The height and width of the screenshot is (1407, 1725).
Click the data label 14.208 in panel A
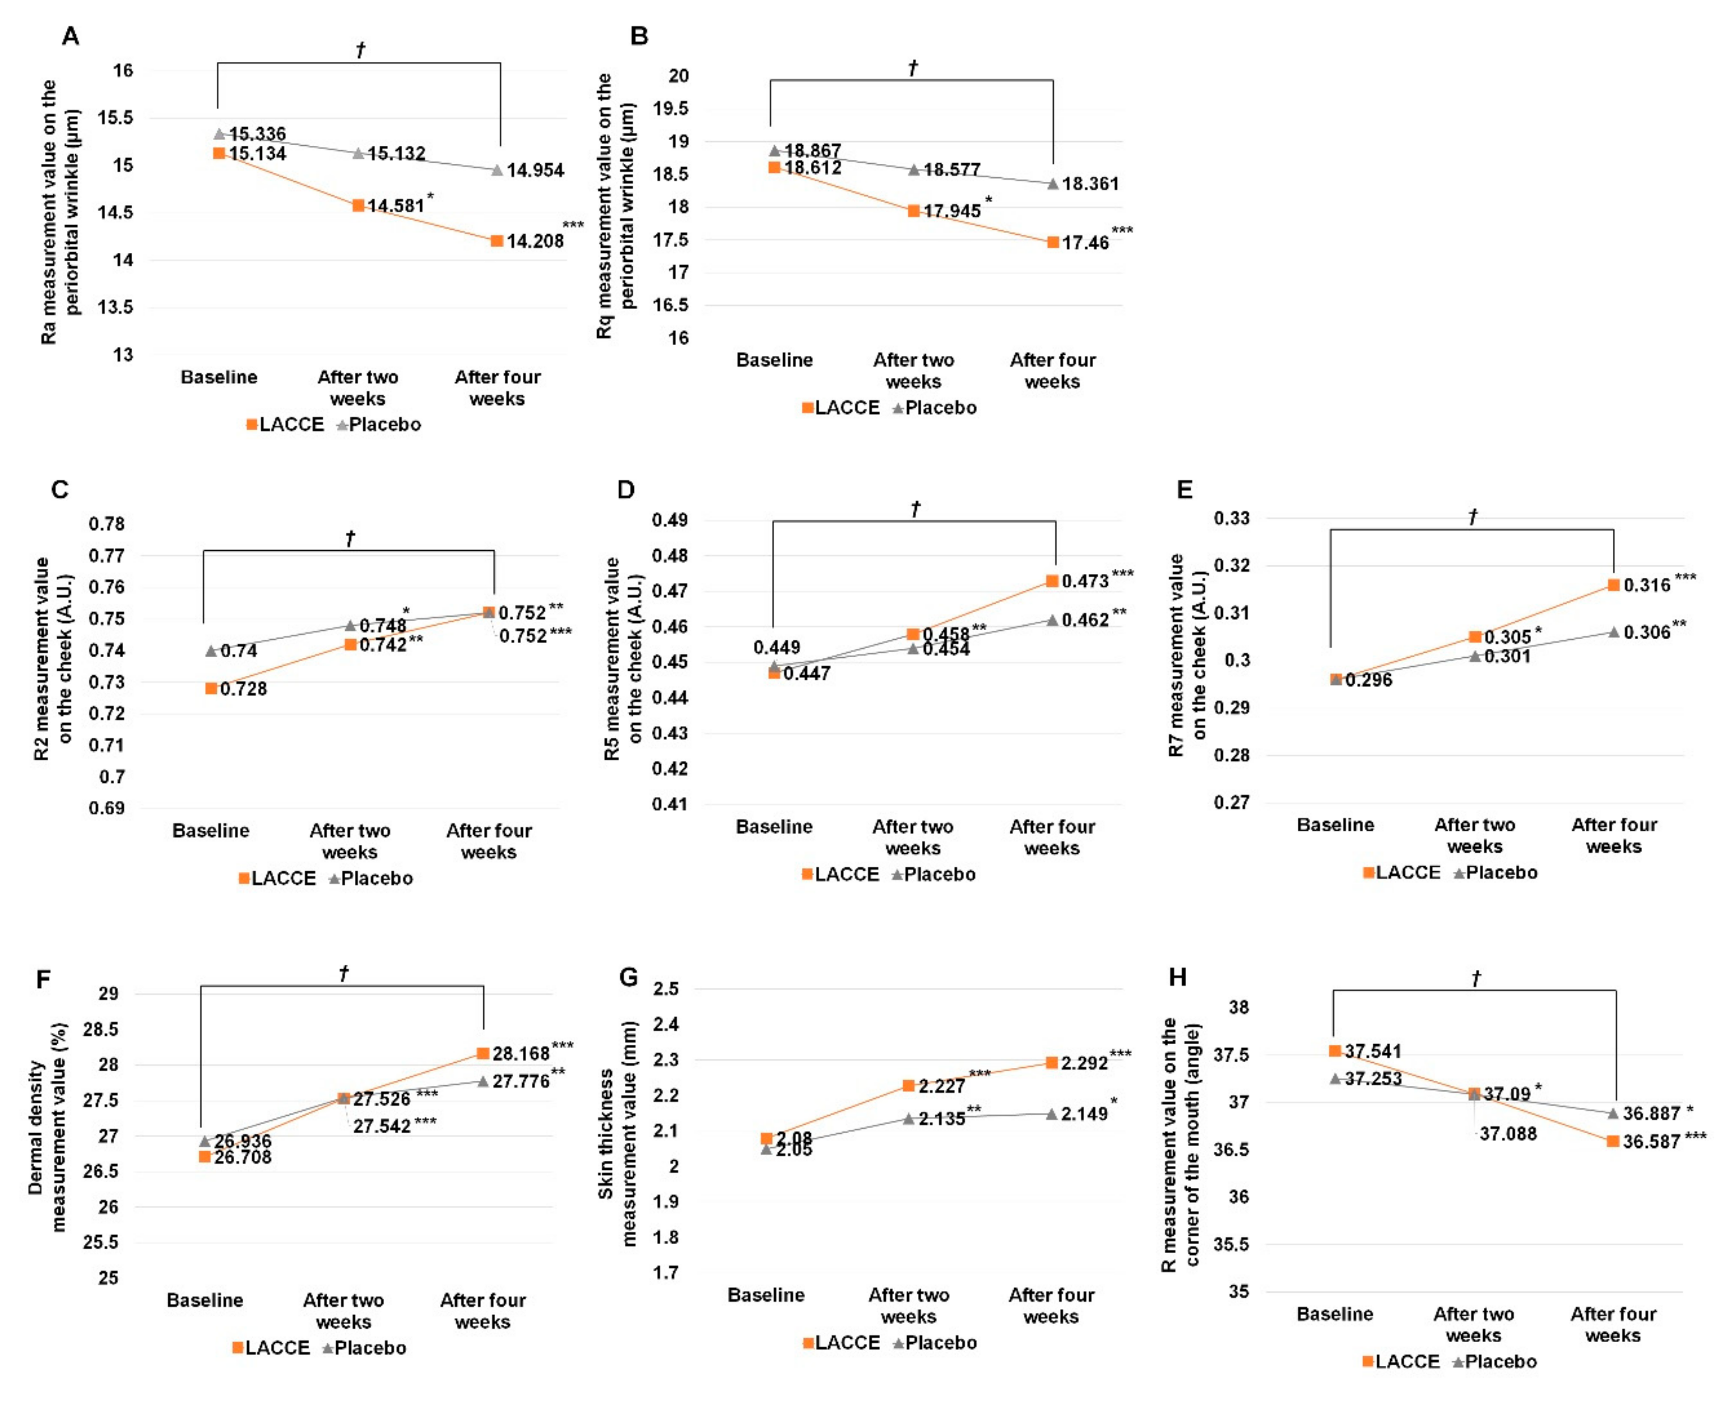(x=535, y=242)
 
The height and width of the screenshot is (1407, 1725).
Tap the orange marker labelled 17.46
(x=1052, y=242)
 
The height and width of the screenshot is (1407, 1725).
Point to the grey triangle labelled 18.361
(x=1052, y=184)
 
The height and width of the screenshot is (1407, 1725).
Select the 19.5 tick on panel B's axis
(x=678, y=109)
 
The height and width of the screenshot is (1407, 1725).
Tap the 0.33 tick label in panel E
(x=1231, y=518)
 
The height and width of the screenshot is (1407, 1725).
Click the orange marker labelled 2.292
(x=1052, y=1063)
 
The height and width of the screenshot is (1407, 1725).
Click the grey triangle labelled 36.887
(x=1613, y=1114)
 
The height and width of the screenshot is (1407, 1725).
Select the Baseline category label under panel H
(x=1334, y=1314)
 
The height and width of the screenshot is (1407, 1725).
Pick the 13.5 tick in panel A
(x=116, y=307)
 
